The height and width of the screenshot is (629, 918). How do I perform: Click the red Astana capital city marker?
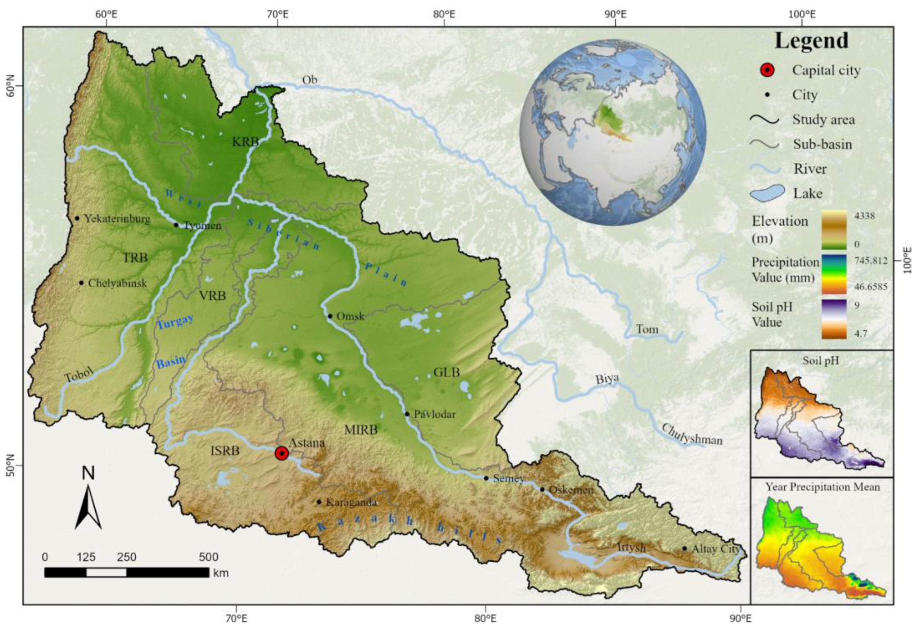click(x=281, y=453)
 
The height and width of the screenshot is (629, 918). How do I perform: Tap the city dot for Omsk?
click(x=330, y=316)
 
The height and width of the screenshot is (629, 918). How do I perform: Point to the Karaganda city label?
click(x=352, y=503)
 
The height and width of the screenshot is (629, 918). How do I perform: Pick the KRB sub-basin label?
click(x=245, y=142)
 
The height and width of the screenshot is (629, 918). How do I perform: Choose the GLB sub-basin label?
click(x=447, y=372)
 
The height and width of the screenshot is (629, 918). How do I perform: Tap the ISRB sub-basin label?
click(x=225, y=450)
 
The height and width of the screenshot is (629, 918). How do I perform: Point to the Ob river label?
click(x=310, y=80)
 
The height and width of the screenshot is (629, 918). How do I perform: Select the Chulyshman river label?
click(x=692, y=434)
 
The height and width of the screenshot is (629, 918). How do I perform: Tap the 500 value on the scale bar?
click(x=208, y=557)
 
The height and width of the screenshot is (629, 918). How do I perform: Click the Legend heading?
click(x=811, y=41)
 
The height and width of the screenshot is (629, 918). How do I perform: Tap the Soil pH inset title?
click(x=821, y=361)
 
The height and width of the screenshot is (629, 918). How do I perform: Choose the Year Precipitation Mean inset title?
click(x=822, y=487)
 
